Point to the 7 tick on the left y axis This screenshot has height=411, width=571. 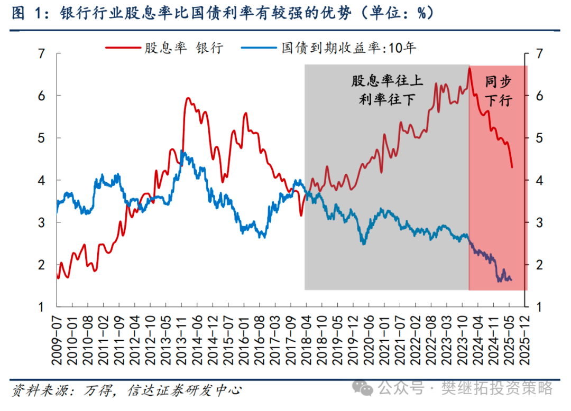click(x=42, y=53)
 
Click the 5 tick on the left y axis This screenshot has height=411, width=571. click(x=42, y=138)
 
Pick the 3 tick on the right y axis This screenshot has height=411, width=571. click(x=536, y=222)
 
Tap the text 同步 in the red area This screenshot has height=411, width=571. click(x=499, y=81)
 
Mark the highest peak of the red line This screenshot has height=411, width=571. click(x=469, y=68)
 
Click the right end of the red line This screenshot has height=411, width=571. click(x=512, y=167)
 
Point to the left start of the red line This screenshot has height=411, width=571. click(x=57, y=275)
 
